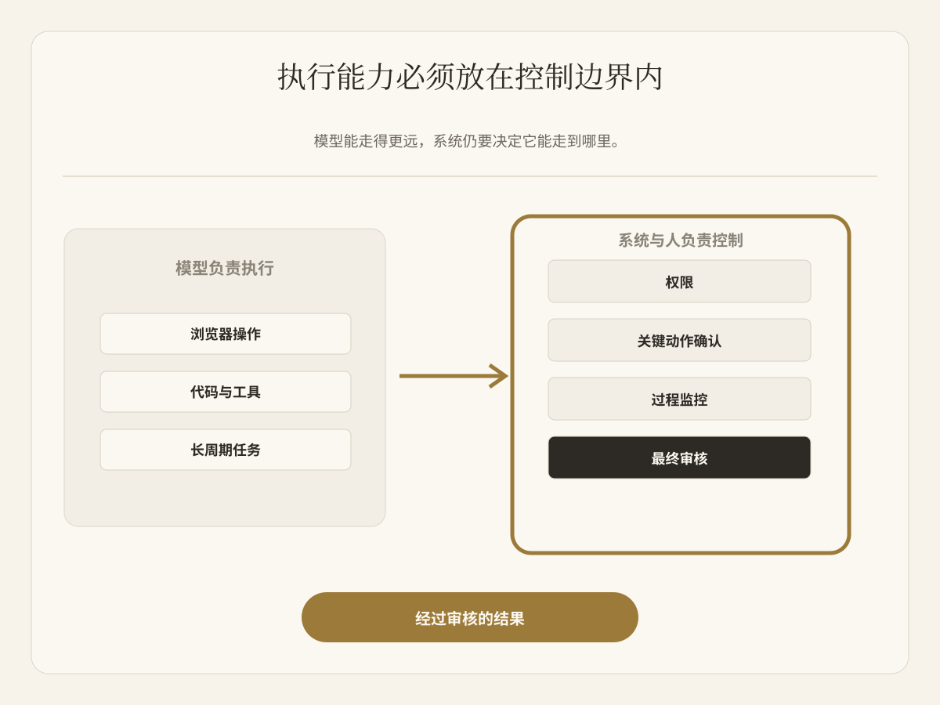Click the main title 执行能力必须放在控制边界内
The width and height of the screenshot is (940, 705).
470,77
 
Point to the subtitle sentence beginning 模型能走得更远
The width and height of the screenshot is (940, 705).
466,141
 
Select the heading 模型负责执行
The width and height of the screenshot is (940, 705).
225,269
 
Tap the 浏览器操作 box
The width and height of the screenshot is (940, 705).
226,334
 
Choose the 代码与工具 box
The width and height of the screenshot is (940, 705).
226,392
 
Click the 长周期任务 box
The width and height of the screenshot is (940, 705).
226,450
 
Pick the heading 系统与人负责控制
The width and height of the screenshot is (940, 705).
681,240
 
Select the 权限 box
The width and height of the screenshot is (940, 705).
680,282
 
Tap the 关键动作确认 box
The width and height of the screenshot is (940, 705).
680,340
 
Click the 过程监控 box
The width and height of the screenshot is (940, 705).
680,399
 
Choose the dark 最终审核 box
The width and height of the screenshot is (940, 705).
680,457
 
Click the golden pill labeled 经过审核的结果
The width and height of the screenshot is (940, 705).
470,617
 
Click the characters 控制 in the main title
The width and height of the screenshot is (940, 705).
544,77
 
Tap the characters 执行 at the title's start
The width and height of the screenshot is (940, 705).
307,77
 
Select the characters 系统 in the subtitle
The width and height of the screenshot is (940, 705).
447,141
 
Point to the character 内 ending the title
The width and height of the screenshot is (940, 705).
649,77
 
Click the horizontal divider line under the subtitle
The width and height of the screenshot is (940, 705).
470,176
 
